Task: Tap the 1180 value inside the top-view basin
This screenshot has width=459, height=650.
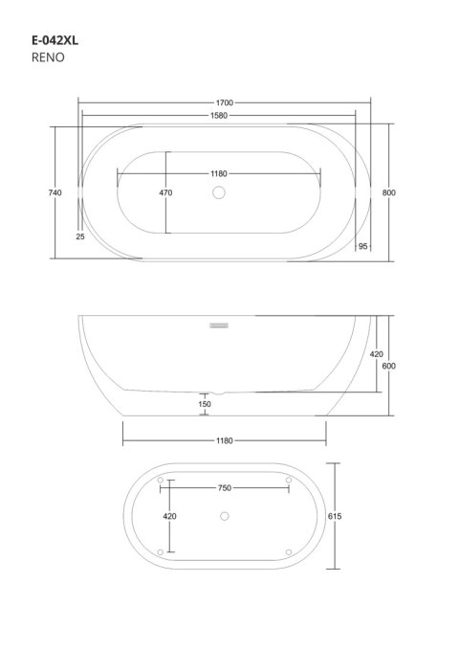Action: (219, 173)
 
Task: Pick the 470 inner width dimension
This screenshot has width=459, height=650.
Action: (165, 192)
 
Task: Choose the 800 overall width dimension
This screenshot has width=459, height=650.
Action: (388, 192)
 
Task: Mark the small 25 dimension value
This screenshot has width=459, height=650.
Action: (79, 235)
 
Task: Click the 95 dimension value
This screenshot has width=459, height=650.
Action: (363, 247)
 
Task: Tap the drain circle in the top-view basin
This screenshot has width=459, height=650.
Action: (218, 193)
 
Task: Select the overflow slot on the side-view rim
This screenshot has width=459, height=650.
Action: (219, 324)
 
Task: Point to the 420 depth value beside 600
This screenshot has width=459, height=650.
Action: (376, 354)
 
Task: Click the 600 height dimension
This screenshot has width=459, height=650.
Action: (388, 366)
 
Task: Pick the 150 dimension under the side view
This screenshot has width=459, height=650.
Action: (205, 404)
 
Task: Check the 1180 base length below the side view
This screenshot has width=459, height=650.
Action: (224, 440)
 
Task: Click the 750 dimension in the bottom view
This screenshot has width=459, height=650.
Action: (225, 488)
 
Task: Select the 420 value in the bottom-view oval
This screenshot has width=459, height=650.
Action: (170, 517)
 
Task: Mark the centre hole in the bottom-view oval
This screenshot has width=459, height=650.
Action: (224, 517)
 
